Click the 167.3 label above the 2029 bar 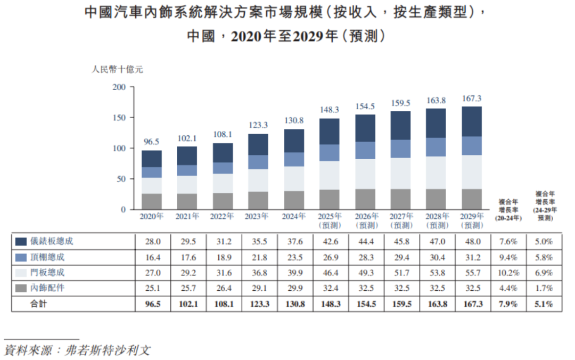click(x=471, y=99)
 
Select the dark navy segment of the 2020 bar click(x=152, y=159)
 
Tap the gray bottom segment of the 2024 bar click(x=294, y=200)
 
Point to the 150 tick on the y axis click(x=120, y=118)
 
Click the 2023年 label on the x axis click(x=258, y=217)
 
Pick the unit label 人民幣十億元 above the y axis click(x=117, y=69)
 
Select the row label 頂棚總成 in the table click(x=51, y=257)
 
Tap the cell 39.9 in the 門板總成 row click(x=294, y=273)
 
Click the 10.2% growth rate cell click(x=510, y=273)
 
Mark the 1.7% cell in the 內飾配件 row click(x=544, y=288)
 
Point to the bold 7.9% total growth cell click(x=510, y=304)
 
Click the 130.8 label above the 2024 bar click(x=294, y=121)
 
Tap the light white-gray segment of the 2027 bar click(x=400, y=173)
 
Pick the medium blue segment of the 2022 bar click(x=223, y=168)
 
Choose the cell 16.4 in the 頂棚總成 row click(x=152, y=257)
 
